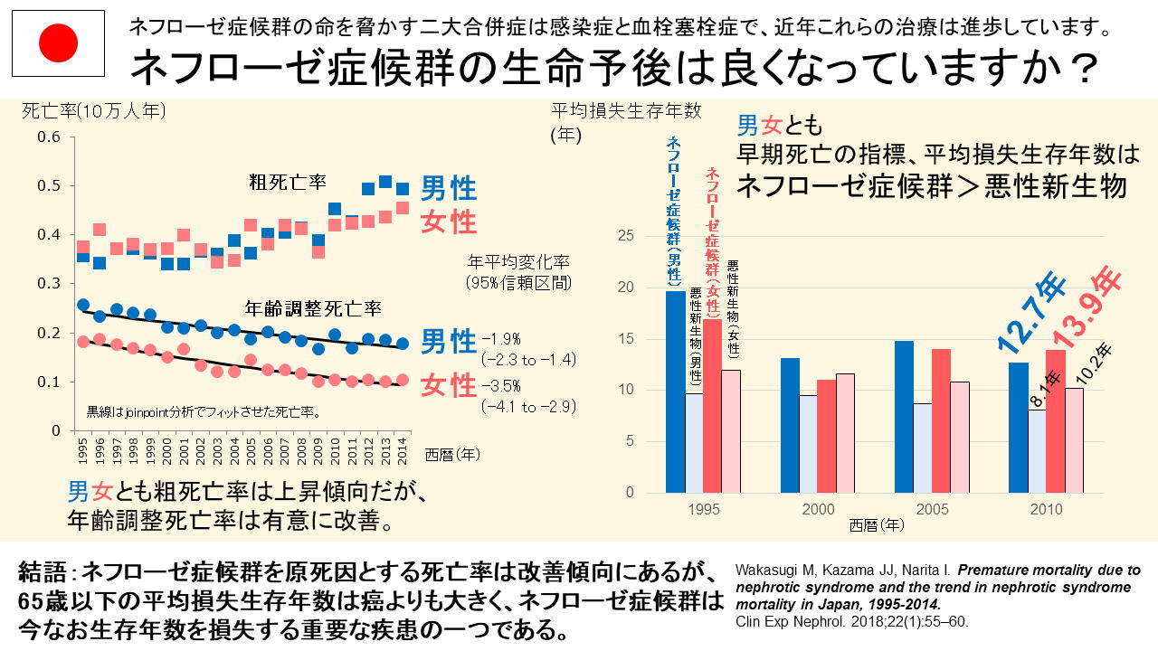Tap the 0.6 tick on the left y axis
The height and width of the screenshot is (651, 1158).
click(49, 137)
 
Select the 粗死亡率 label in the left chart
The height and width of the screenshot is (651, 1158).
click(288, 183)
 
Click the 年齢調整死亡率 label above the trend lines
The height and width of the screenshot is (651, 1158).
click(313, 308)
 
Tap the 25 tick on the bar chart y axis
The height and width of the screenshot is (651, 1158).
click(635, 236)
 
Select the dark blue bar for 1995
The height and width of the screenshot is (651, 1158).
click(676, 392)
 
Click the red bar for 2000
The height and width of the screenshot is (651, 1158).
click(827, 436)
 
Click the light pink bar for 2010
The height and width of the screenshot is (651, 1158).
click(1073, 440)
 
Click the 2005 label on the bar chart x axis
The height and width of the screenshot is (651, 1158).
click(933, 510)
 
